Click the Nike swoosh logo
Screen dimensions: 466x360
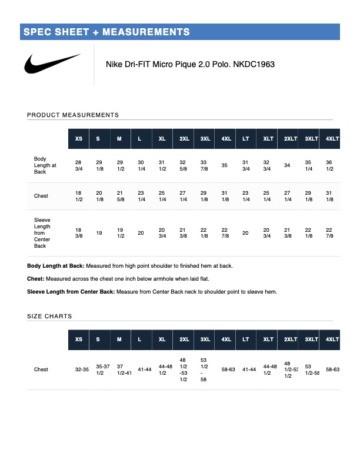(x=52, y=64)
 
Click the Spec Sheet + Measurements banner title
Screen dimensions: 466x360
(x=106, y=32)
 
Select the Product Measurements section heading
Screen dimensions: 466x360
(x=73, y=115)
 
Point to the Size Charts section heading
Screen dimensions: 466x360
(x=49, y=317)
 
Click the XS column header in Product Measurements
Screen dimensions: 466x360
(x=79, y=139)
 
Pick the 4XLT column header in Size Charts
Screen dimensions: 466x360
(x=332, y=339)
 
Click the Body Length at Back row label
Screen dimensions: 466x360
(x=45, y=165)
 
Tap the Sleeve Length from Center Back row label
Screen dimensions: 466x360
(x=42, y=232)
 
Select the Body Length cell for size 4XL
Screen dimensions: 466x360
(x=224, y=165)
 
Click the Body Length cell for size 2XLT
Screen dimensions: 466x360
(x=287, y=165)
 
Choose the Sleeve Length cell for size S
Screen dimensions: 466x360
(x=99, y=233)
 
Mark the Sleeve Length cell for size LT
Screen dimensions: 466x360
(x=245, y=233)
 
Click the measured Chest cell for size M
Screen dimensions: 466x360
(x=120, y=196)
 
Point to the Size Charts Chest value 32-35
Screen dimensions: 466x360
(x=82, y=370)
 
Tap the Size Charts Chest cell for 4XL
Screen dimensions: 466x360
(x=228, y=370)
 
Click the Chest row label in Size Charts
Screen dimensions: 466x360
(x=41, y=370)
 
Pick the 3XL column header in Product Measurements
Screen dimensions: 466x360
(x=205, y=139)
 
